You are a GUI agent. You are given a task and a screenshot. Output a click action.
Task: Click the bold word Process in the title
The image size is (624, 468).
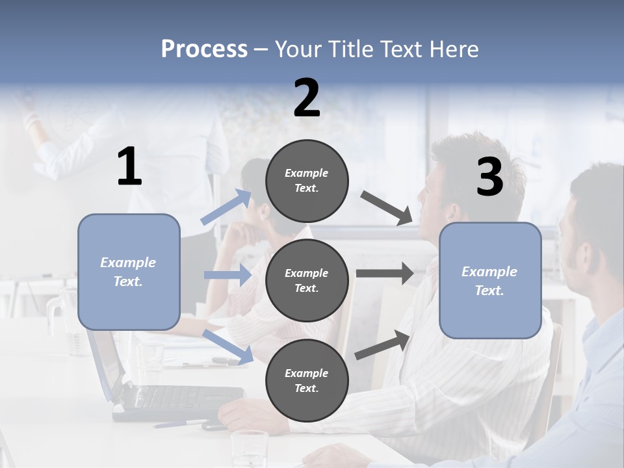pos(204,49)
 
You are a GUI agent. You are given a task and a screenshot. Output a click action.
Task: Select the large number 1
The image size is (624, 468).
pos(129,166)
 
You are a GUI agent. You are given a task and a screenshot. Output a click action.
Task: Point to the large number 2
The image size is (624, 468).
pos(307,98)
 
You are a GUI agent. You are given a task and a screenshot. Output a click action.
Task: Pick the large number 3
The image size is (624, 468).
pos(489,177)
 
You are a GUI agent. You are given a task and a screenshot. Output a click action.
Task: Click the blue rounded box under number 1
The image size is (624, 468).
pos(129,272)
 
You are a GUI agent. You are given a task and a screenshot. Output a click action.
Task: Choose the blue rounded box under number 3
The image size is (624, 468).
pos(490,281)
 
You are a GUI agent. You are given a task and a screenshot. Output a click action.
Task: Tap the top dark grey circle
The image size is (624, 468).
pos(307,181)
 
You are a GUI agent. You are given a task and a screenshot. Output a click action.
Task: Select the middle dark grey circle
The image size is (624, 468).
pos(307,280)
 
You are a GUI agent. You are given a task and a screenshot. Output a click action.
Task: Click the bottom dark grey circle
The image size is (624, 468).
pos(307,380)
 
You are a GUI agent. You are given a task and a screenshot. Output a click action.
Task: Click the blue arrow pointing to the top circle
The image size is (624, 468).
pos(226,207)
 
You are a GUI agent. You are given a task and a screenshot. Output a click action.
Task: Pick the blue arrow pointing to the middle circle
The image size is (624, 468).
pos(227,275)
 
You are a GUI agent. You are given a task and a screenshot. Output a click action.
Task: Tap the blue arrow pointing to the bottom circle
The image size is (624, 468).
pos(227,346)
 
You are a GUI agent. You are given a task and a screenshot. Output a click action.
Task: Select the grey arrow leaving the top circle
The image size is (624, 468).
pos(387,208)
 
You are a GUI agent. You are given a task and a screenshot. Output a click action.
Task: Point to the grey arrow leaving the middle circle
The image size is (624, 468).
pos(385,274)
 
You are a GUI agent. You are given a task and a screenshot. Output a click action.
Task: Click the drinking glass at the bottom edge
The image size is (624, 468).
pos(250,448)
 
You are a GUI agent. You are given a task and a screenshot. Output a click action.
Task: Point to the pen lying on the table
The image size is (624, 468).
pos(182,423)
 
